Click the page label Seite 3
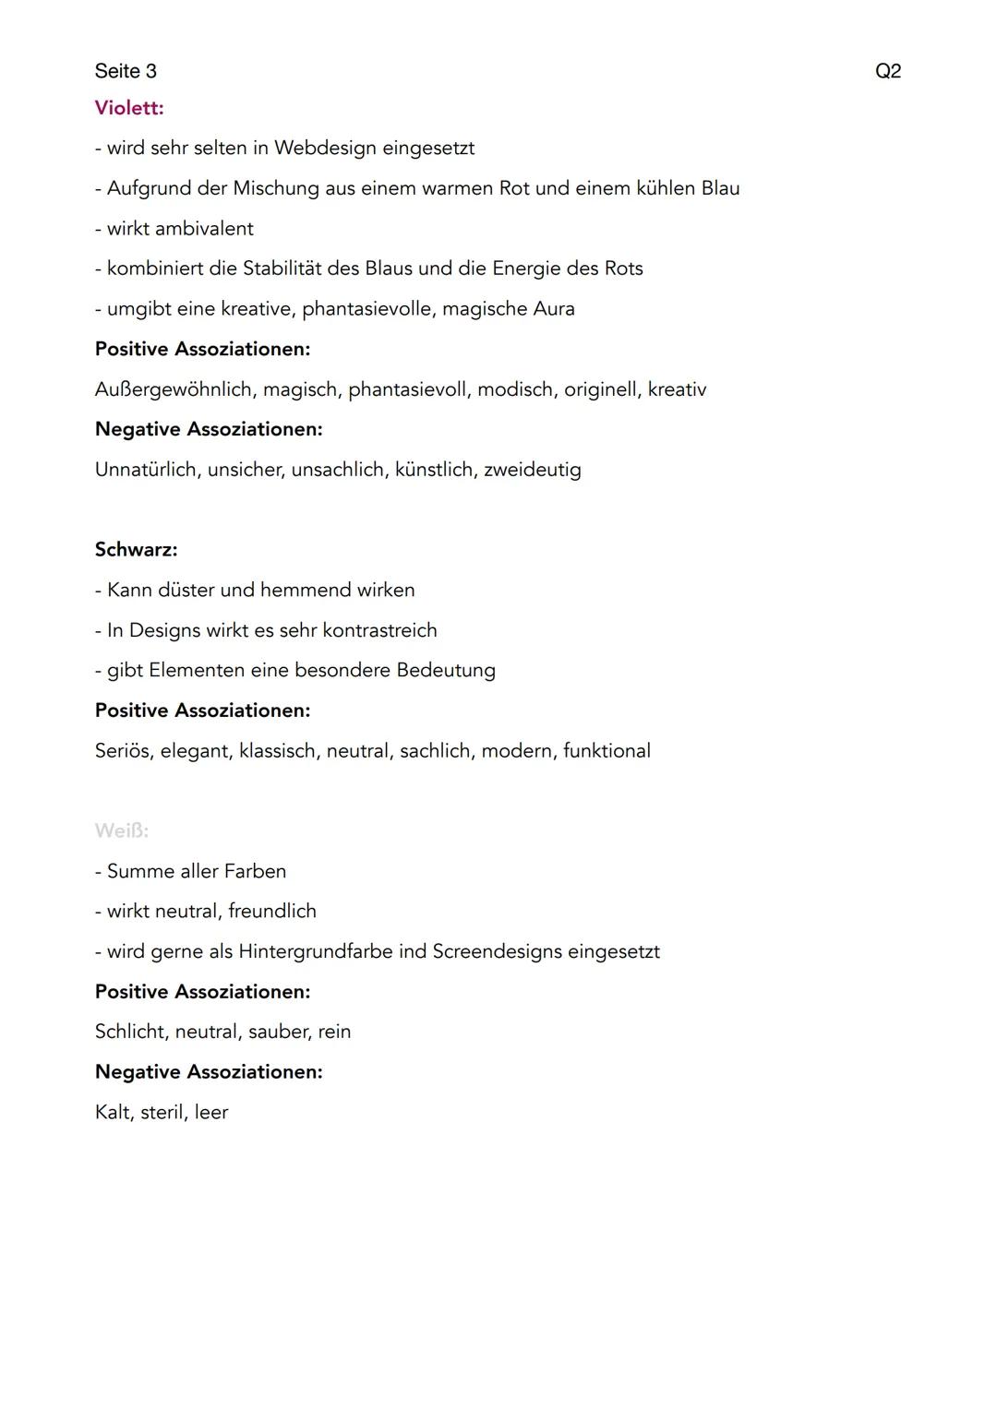pos(126,71)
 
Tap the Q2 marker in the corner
pos(887,71)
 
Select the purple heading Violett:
pos(129,108)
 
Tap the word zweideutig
pos(533,470)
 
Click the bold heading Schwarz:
pos(136,550)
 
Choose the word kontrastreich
pos(379,630)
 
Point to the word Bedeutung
pos(446,670)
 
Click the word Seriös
pos(124,751)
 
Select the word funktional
pos(607,751)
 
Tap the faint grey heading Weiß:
pos(121,830)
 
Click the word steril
pos(162,1112)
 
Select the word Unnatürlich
pos(148,470)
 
